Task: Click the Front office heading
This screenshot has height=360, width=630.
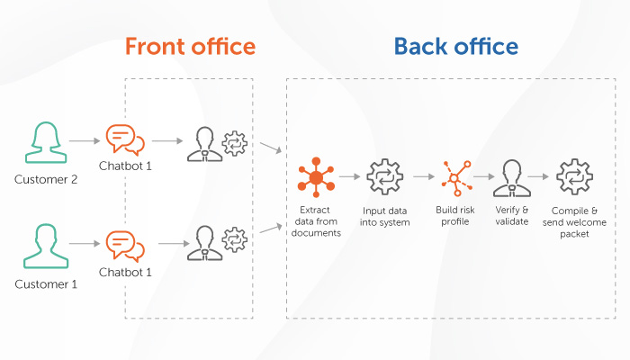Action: coord(190,46)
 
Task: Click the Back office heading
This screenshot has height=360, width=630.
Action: coord(455,46)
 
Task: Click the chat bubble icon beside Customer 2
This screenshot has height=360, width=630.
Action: coord(124,139)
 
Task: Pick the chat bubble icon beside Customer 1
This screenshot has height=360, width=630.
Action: coord(124,246)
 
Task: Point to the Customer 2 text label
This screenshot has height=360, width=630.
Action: coord(46,179)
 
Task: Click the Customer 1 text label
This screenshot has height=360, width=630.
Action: coord(46,284)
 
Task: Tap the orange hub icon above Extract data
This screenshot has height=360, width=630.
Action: coord(316,177)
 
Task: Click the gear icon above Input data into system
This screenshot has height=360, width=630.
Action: coord(384,176)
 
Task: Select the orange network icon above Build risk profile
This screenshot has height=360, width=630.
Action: coord(456,178)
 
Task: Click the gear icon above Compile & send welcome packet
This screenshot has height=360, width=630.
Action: coord(574,176)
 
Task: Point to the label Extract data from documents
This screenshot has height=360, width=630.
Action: coord(316,221)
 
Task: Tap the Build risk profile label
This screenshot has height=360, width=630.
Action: coord(455,216)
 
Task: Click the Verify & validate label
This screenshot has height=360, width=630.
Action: coord(512,216)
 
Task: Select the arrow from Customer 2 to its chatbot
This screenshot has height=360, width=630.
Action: coord(85,140)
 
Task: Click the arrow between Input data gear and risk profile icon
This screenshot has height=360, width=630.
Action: coord(424,176)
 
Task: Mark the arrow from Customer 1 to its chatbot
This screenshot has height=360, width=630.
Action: coord(85,244)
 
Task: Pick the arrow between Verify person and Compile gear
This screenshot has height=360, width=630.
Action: coord(538,176)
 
